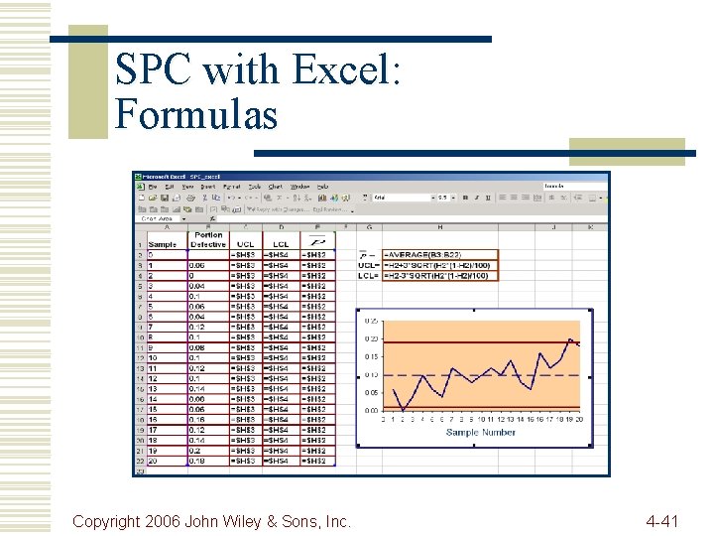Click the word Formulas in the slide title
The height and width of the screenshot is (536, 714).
pyautogui.click(x=196, y=115)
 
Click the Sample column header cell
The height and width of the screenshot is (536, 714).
pyautogui.click(x=162, y=244)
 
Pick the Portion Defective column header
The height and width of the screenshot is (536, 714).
pyautogui.click(x=208, y=239)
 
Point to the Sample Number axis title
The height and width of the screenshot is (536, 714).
pyautogui.click(x=481, y=432)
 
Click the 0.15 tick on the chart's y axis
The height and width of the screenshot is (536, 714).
pyautogui.click(x=370, y=357)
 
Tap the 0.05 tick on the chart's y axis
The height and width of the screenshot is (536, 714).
pyautogui.click(x=370, y=393)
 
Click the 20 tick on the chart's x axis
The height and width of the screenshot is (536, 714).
pyautogui.click(x=578, y=419)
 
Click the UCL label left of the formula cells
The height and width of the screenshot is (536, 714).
pyautogui.click(x=368, y=265)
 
